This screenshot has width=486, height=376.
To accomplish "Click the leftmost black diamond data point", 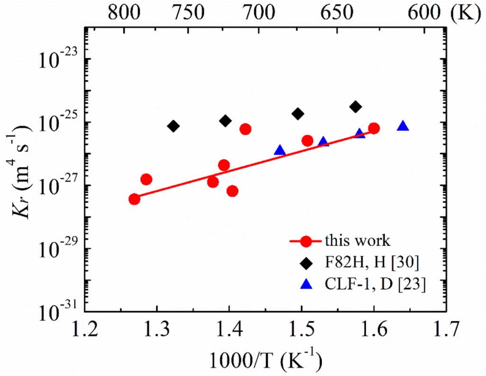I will [174, 126].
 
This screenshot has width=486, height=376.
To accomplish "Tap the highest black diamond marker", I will [356, 107].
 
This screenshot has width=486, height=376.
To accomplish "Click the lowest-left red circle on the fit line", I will [135, 199].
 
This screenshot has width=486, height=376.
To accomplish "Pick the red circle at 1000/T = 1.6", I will [374, 128].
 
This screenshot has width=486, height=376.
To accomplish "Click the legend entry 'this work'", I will [358, 240].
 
